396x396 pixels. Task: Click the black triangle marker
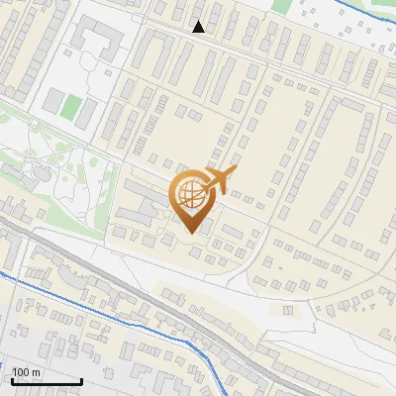199,27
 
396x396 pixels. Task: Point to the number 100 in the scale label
21,371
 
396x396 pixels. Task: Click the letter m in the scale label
36,371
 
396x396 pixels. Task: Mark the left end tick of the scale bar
12,380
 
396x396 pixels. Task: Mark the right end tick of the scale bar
81,380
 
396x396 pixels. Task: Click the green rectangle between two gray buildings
69,106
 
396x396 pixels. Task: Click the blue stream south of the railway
109,318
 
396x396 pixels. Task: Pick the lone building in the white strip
289,310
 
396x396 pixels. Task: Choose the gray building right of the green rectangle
88,110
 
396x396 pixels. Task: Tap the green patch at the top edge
282,5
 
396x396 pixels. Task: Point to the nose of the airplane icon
238,169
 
